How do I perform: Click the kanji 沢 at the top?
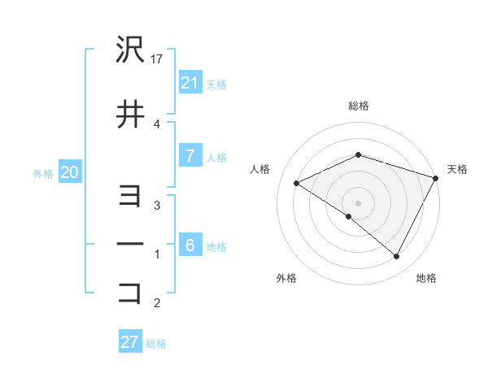tap(131, 51)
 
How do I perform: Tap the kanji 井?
tap(131, 115)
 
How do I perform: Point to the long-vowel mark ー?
tap(131, 244)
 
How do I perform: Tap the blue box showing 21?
tap(190, 82)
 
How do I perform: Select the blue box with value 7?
tap(190, 156)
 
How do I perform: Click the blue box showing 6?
tap(190, 245)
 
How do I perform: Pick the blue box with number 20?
tap(69, 172)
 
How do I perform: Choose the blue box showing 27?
tap(130, 342)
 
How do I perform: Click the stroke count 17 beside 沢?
tap(158, 59)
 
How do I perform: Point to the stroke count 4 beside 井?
tap(158, 124)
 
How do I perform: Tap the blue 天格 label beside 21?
tap(216, 84)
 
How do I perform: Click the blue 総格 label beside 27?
tap(156, 344)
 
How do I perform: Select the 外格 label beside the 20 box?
tap(43, 174)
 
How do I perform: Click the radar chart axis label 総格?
tap(358, 106)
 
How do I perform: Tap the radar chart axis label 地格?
tap(426, 279)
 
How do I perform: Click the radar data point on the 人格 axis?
tap(297, 184)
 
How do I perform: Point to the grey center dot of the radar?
tap(358, 202)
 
